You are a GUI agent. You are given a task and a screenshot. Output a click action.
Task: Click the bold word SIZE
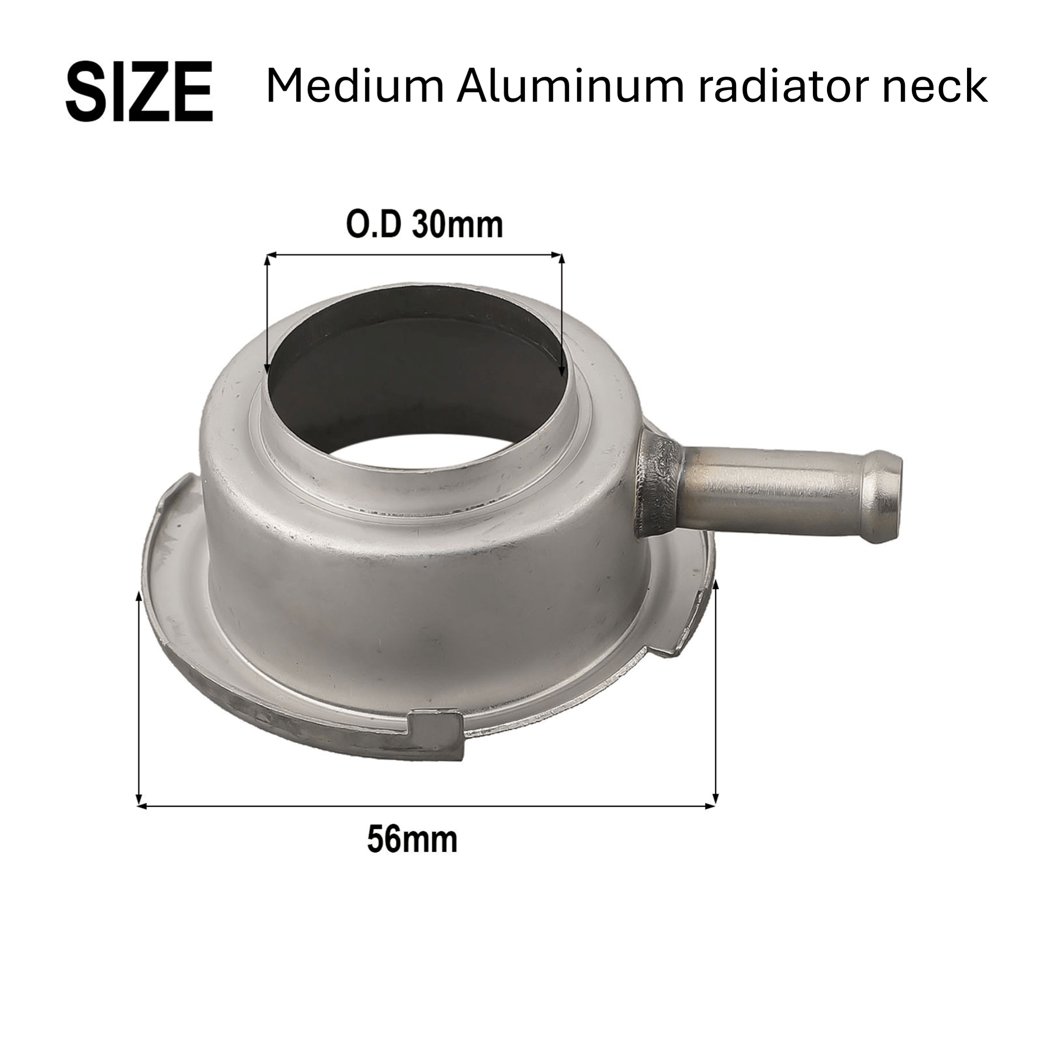click(x=139, y=91)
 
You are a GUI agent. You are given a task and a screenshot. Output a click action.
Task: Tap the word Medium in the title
click(x=355, y=87)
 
